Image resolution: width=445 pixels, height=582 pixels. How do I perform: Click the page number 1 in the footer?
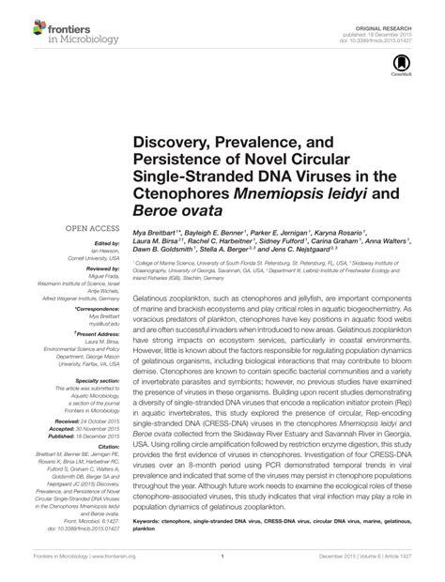222,570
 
